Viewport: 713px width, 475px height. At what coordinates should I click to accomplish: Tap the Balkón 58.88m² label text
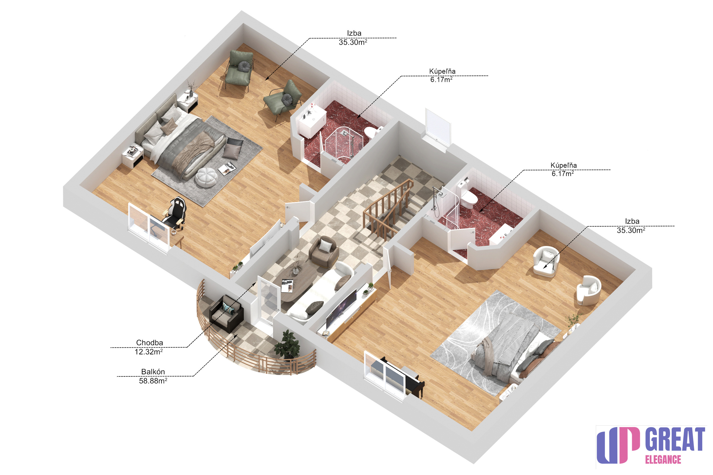point(153,376)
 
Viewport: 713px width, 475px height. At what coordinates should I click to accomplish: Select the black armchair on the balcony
point(226,314)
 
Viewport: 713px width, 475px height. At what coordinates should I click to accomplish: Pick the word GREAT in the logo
point(675,439)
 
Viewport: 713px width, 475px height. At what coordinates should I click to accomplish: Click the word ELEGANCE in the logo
point(663,460)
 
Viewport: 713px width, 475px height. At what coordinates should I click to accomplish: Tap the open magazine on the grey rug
point(227,168)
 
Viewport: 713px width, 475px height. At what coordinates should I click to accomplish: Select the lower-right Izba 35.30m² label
point(632,226)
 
